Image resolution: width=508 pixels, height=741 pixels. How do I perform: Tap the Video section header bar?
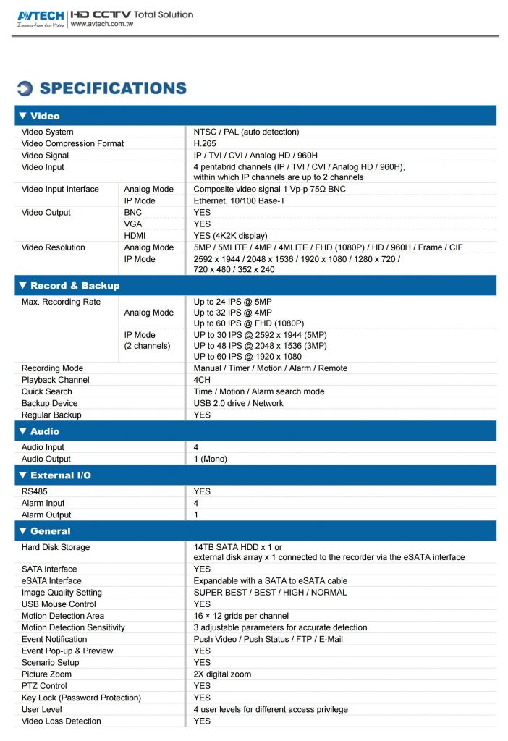[x=255, y=116]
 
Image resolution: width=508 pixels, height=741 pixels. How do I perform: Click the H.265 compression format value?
[x=205, y=143]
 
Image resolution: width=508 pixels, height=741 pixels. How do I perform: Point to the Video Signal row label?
[x=45, y=155]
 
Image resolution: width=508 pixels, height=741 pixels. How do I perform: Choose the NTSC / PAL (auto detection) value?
[x=246, y=132]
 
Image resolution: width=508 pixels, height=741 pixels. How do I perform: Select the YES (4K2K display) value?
[x=230, y=235]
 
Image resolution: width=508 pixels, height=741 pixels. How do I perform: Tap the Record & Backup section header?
[x=255, y=286]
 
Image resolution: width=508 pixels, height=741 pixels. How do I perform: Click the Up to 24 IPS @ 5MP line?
[x=232, y=302]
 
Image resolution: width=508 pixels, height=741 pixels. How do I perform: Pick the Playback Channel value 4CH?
[x=202, y=380]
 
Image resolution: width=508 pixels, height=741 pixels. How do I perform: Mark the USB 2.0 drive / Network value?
[x=238, y=403]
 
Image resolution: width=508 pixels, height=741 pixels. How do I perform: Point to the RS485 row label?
[x=35, y=491]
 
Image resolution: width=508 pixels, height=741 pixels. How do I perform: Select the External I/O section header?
[x=255, y=475]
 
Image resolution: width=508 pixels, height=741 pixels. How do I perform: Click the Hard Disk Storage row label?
[x=56, y=547]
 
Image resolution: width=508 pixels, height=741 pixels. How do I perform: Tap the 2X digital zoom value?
[x=222, y=674]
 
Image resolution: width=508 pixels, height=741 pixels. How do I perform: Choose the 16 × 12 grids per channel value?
[x=241, y=616]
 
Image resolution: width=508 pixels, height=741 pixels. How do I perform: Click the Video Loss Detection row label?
[x=61, y=721]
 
